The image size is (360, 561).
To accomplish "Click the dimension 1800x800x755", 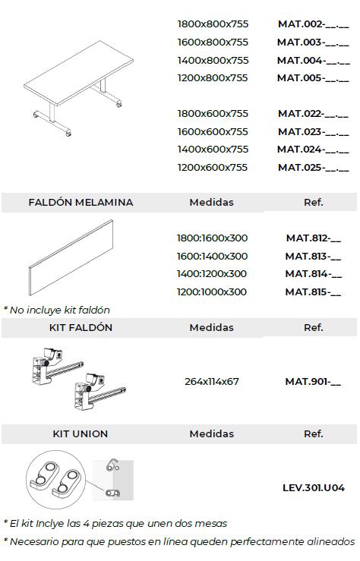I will tap(213, 24).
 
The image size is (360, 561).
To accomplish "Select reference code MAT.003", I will tap(313, 43).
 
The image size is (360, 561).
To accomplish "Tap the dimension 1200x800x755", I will tap(213, 77).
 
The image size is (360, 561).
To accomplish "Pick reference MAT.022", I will tap(313, 114).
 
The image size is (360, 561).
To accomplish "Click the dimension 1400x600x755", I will tap(213, 150).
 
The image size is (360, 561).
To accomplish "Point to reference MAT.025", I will tap(313, 167).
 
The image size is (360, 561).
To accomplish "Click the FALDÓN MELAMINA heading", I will tap(81, 203).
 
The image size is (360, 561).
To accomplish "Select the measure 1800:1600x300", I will tap(212, 238).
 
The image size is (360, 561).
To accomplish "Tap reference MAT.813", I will tap(313, 257).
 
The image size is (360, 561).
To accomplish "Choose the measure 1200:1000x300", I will tap(212, 292).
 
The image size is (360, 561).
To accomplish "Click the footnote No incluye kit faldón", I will tap(57, 310).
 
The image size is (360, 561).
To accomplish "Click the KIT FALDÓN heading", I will tap(81, 328).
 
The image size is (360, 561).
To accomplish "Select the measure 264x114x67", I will tap(212, 381).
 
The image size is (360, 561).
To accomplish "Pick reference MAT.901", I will tap(313, 381).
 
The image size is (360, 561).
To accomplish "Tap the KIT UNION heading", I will tap(81, 434).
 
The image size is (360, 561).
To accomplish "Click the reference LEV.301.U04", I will tap(313, 488).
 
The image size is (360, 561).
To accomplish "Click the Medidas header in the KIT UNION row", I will tap(212, 434).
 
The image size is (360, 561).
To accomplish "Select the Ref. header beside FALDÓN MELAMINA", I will tap(313, 203).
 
